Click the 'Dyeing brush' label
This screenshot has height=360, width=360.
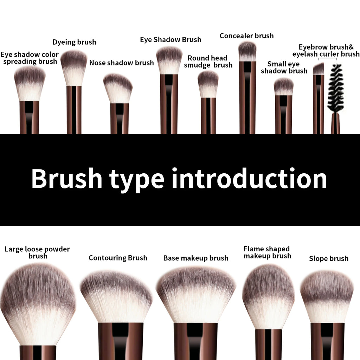[74, 42]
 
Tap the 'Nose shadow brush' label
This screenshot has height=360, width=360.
[121, 63]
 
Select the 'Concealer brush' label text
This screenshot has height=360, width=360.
[246, 36]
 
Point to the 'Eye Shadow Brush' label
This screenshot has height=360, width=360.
[171, 40]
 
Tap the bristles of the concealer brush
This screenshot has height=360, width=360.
[247, 51]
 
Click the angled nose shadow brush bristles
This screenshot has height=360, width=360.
[118, 89]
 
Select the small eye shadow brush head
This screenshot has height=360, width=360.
[284, 87]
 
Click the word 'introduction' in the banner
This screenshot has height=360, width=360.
[249, 179]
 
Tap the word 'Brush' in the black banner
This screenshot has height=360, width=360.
[66, 179]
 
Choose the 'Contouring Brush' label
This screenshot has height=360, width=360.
[118, 258]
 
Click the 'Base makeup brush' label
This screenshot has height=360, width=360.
[196, 258]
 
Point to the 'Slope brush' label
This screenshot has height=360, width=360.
[328, 259]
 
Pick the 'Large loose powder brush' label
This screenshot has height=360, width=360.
[37, 252]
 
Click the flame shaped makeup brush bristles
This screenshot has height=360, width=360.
[268, 295]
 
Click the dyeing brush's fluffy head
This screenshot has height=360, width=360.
[74, 67]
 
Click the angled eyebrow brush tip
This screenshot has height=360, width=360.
[319, 69]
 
